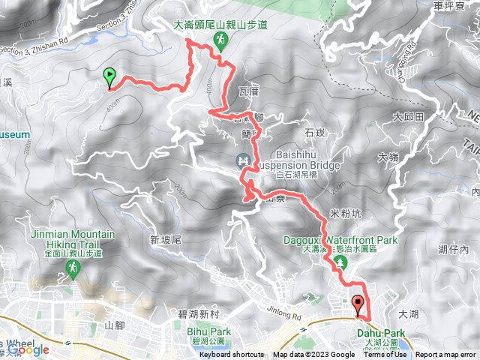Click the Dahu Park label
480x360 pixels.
(386, 333)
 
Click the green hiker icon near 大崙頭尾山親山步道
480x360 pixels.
(221, 40)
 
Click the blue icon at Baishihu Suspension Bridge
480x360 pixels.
(243, 160)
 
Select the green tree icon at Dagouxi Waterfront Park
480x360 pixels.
(340, 262)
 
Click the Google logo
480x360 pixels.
(28, 349)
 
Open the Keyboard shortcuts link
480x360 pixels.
(232, 355)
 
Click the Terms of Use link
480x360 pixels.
(385, 355)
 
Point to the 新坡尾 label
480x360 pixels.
(166, 240)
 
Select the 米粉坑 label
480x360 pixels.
(346, 214)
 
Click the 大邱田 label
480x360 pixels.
(409, 117)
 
